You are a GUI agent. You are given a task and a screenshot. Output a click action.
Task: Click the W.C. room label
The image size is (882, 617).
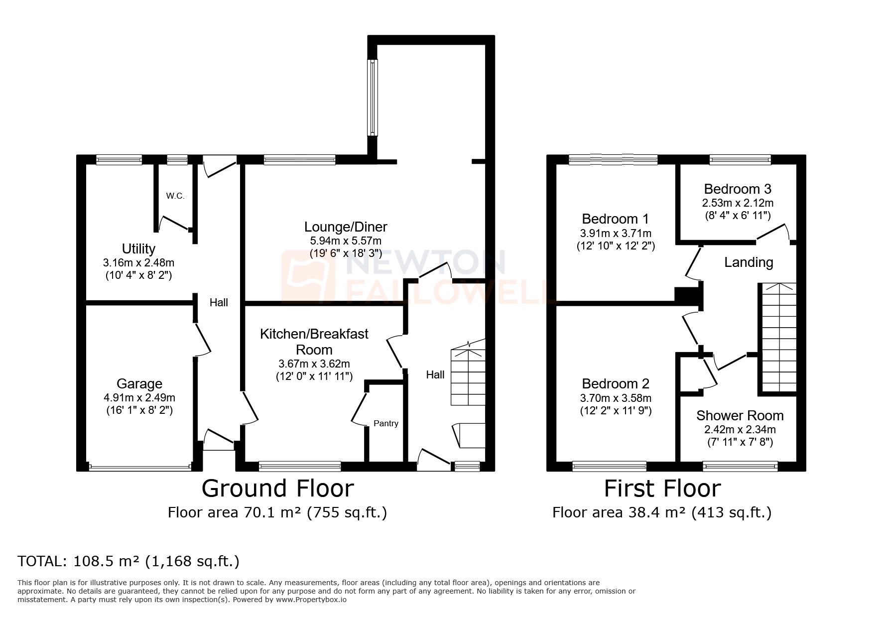pyautogui.click(x=175, y=196)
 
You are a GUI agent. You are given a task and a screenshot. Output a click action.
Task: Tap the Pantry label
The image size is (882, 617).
pyautogui.click(x=386, y=423)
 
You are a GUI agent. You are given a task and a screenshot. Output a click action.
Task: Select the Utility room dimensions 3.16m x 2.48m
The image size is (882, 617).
pyautogui.click(x=138, y=262)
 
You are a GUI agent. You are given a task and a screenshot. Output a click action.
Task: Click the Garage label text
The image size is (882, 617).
pyautogui.click(x=139, y=383)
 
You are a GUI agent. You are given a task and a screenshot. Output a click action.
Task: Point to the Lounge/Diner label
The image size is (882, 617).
pyautogui.click(x=346, y=227)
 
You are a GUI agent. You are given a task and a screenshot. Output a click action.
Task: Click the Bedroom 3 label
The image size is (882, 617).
pyautogui.click(x=738, y=189)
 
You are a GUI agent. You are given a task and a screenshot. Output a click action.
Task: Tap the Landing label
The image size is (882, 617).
pyautogui.click(x=749, y=262)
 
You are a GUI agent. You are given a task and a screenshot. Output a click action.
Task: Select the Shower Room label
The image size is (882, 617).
pyautogui.click(x=740, y=415)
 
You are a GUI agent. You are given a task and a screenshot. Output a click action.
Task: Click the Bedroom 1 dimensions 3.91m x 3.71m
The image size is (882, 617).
pyautogui.click(x=616, y=233)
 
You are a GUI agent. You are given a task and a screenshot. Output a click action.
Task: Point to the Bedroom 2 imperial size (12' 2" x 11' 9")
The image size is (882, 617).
pyautogui.click(x=616, y=411)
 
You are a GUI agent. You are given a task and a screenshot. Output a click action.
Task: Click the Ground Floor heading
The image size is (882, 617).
pyautogui.click(x=277, y=489)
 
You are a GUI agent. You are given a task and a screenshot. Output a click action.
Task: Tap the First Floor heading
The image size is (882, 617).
pyautogui.click(x=662, y=489)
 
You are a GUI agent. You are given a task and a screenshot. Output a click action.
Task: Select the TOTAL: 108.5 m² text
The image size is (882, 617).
pyautogui.click(x=128, y=561)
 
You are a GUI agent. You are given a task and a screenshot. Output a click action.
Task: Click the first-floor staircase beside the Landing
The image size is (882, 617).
pyautogui.click(x=777, y=339)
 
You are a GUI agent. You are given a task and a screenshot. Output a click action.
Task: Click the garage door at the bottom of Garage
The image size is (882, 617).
pyautogui.click(x=139, y=467)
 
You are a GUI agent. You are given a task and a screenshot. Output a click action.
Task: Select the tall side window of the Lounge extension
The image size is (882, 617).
pyautogui.click(x=373, y=98)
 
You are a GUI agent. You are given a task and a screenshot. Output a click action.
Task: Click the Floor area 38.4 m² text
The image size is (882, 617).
pyautogui.click(x=661, y=512)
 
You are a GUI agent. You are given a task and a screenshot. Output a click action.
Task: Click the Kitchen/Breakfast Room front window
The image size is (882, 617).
pyautogui.click(x=300, y=466)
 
